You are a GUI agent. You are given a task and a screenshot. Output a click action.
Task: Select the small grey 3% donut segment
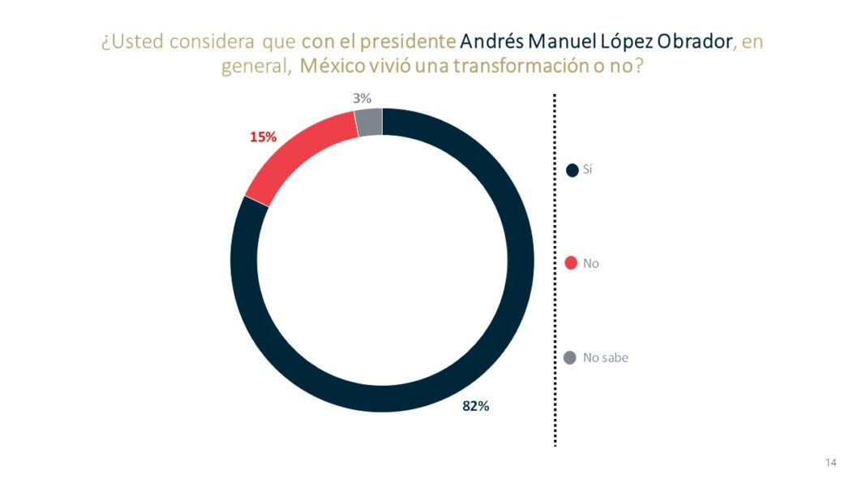click(x=369, y=123)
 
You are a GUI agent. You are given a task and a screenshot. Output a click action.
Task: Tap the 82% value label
click(x=475, y=407)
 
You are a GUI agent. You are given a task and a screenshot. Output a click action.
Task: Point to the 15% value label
click(x=263, y=137)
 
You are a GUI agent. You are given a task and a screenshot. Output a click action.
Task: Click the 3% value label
click(x=362, y=98)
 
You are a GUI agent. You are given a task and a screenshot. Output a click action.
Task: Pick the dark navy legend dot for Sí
click(x=572, y=170)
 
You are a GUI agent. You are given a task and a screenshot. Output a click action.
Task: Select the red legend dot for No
click(x=571, y=263)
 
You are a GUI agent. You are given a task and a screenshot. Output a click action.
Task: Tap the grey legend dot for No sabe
click(x=570, y=357)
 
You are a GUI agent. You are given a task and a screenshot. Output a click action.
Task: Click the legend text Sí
click(x=588, y=170)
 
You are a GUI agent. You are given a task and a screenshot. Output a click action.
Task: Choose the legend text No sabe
click(x=605, y=357)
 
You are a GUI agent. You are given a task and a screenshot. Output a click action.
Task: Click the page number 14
click(x=831, y=463)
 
